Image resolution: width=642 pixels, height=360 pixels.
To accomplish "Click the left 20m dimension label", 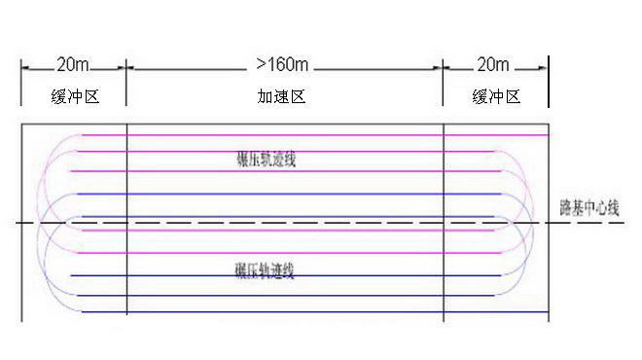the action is (x=73, y=66).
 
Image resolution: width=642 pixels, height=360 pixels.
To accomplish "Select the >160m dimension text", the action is (x=282, y=65).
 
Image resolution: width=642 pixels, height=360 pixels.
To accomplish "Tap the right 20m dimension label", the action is (x=493, y=66).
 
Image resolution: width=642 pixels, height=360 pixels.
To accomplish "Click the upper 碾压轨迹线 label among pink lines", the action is (x=265, y=158).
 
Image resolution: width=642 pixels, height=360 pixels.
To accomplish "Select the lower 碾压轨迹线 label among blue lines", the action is (x=265, y=270).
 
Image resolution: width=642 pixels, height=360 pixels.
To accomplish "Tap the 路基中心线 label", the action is (x=588, y=207).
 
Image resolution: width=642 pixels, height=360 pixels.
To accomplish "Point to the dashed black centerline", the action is (x=292, y=223).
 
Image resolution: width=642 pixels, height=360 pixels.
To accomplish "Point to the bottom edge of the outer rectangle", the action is (x=292, y=320).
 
